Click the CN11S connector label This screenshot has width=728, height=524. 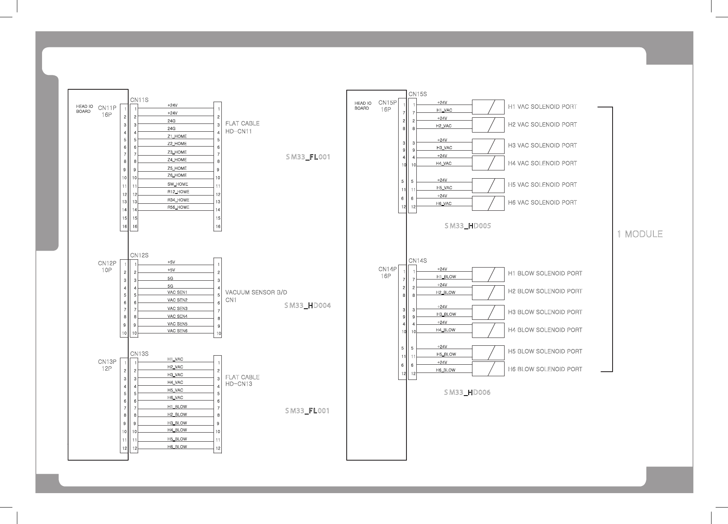click(x=139, y=100)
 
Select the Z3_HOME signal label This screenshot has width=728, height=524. click(x=177, y=152)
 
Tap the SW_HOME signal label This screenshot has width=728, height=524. click(x=178, y=184)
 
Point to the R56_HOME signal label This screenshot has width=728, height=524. click(x=178, y=207)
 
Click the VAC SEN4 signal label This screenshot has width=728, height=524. click(x=177, y=317)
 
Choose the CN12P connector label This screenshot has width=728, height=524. click(x=107, y=263)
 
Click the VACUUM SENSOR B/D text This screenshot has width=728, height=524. click(x=256, y=293)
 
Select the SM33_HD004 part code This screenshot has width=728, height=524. click(x=308, y=305)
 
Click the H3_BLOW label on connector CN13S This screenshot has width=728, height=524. click(x=177, y=423)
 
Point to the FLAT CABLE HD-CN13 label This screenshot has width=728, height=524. click(x=242, y=380)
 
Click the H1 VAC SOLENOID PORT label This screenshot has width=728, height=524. click(x=542, y=107)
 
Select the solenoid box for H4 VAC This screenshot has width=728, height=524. click(x=488, y=163)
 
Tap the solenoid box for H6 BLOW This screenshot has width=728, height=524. click(x=488, y=369)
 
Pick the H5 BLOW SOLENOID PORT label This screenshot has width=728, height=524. click(x=545, y=352)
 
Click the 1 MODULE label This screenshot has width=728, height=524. click(x=639, y=234)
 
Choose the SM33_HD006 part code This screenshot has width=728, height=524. click(x=467, y=393)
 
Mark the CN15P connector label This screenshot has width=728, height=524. click(x=387, y=103)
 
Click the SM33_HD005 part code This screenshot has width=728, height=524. click(x=467, y=226)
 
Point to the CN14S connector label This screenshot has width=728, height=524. click(x=418, y=261)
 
